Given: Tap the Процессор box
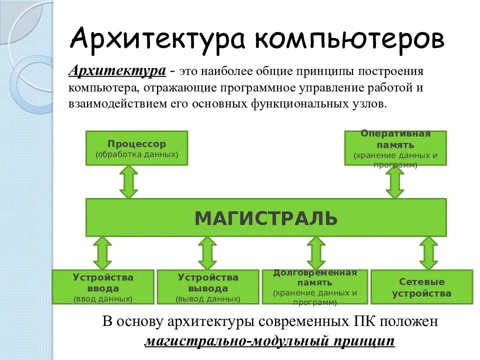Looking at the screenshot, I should click(x=136, y=148).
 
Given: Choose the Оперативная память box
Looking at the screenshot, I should click(x=395, y=148).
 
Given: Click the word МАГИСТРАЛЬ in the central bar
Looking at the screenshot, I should click(x=265, y=218).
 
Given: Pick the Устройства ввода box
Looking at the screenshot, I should click(x=103, y=287).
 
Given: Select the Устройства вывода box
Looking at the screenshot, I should click(x=207, y=287).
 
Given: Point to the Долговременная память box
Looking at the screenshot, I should click(x=314, y=287).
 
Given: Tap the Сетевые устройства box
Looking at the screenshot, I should click(x=421, y=287).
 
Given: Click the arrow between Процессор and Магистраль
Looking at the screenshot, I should click(x=128, y=182).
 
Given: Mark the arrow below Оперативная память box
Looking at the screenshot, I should click(x=395, y=182).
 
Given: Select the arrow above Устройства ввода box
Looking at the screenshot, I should click(x=102, y=253).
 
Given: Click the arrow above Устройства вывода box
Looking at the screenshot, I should click(x=207, y=253).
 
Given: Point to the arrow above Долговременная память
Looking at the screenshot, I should click(x=315, y=253).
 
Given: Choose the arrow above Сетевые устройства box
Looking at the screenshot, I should click(x=428, y=253).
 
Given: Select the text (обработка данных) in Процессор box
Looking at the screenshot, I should click(x=137, y=154).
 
